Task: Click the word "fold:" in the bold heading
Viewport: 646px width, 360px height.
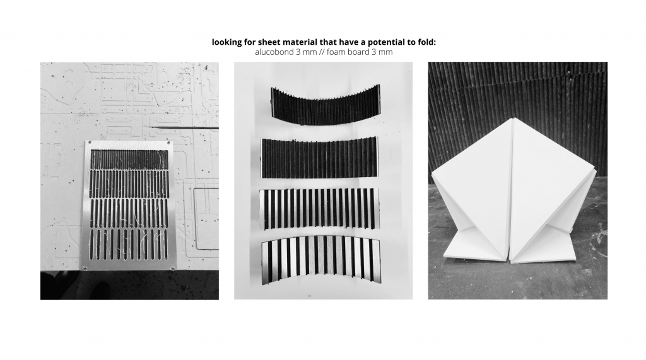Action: [x=426, y=42]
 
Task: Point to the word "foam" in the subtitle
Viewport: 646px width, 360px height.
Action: [x=336, y=52]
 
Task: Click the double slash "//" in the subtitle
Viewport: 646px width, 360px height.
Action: [x=322, y=52]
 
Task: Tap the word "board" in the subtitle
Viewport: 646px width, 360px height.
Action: [x=358, y=52]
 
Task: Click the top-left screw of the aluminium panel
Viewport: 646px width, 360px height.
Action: [x=90, y=143]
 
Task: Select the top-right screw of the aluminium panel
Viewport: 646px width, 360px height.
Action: [x=169, y=143]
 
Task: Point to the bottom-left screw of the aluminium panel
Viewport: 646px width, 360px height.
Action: [x=85, y=268]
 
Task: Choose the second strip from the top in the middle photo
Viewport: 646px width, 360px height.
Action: [x=319, y=158]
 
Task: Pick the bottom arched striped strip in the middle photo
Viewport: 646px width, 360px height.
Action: [x=320, y=260]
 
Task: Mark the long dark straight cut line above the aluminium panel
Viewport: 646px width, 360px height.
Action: [x=184, y=128]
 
